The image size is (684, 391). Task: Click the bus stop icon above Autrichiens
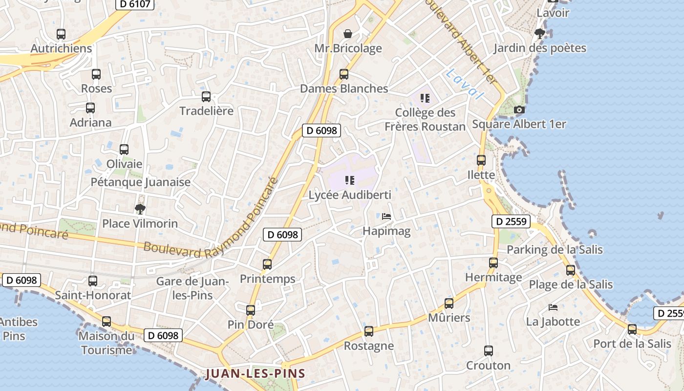click(61, 34)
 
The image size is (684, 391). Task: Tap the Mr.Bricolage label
click(348, 48)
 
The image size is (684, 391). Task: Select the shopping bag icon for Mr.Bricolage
click(348, 34)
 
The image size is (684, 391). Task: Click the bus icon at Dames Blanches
click(344, 74)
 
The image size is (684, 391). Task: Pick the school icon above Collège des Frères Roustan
click(425, 98)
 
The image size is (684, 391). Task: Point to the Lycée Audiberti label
click(350, 195)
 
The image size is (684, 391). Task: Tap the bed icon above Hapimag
click(386, 216)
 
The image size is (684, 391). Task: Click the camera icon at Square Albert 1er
click(519, 110)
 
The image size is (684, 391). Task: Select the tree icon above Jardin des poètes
click(540, 34)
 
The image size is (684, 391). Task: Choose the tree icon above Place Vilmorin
click(140, 209)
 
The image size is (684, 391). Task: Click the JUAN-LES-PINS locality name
click(256, 374)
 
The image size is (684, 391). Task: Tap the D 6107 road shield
click(135, 4)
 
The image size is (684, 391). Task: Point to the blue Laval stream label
click(464, 84)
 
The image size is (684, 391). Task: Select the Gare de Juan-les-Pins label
click(192, 288)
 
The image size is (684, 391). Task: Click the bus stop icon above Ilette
click(481, 160)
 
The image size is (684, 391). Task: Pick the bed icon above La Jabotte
click(553, 307)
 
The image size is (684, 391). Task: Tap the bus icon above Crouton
click(489, 351)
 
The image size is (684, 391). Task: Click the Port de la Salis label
click(632, 344)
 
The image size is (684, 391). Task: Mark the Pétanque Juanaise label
click(141, 182)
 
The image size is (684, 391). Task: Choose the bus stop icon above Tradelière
click(206, 97)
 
